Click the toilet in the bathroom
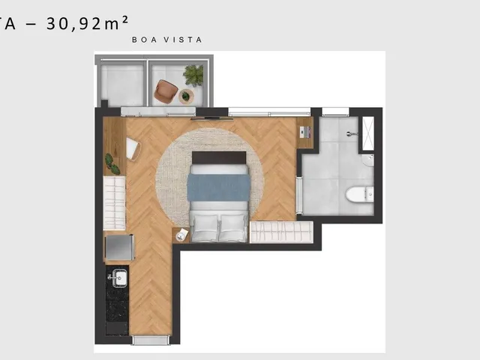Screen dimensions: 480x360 coord(359,194)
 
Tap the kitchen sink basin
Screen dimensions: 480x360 coord(119,278)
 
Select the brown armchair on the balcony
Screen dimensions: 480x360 coord(166,91)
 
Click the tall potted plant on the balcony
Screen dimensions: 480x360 coord(193,75)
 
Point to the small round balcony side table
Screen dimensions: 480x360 coord(186,97)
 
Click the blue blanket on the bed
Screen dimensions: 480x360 coord(218,187)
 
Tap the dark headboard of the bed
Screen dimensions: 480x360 coord(219,157)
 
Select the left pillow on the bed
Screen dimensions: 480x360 coord(204,227)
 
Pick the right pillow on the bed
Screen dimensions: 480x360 coord(232,227)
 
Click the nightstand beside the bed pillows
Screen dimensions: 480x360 coord(181,235)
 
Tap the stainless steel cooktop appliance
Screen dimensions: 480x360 coord(120,247)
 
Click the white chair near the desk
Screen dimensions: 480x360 coord(133,148)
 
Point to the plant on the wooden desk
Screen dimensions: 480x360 coord(112,164)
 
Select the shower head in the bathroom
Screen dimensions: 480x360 coord(352,133)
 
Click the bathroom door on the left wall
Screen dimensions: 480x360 coord(299,195)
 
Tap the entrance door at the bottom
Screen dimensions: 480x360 coord(151,340)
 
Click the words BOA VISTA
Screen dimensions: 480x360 coord(167,40)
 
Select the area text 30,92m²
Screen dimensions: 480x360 coord(87,23)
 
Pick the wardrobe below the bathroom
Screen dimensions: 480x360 coord(281,232)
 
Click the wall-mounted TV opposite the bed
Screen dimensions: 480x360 coord(210,118)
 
